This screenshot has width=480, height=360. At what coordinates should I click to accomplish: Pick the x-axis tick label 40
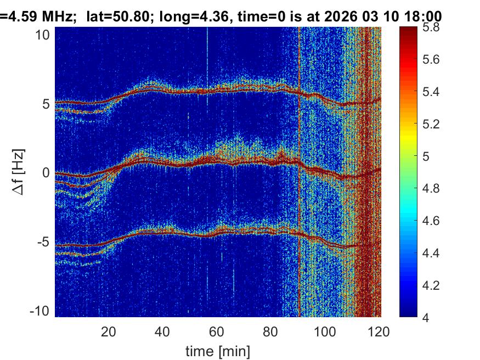[162, 332]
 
